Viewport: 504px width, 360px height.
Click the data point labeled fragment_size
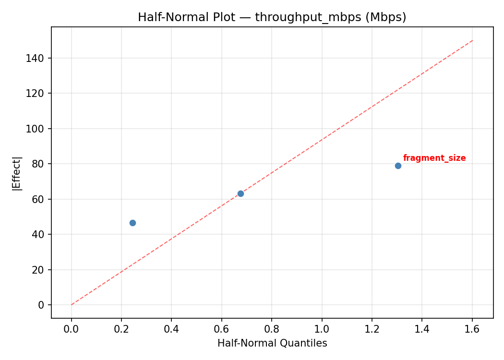[398, 166]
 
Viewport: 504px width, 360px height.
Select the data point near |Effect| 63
[240, 193]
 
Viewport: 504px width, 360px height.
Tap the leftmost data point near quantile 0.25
[132, 223]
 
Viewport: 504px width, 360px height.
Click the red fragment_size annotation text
[434, 158]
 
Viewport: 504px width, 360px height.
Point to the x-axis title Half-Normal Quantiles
[272, 343]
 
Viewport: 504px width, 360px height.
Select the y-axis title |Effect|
[17, 174]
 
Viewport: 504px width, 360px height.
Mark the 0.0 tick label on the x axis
[72, 329]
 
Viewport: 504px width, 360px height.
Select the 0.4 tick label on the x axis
[171, 329]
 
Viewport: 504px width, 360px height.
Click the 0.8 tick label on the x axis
[272, 329]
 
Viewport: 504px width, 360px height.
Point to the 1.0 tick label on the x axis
[322, 329]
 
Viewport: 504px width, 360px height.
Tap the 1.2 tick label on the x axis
[372, 329]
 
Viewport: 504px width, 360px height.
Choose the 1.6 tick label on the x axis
[472, 329]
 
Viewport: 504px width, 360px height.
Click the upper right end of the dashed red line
[473, 40]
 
